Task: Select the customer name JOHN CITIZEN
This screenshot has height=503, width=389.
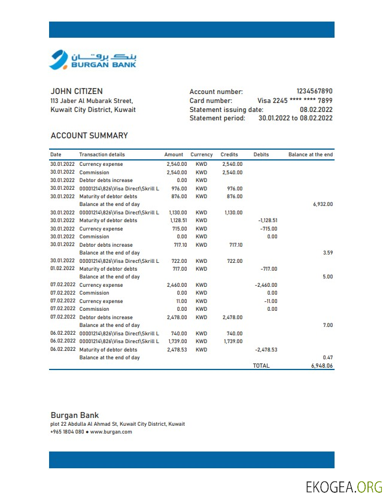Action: click(x=77, y=92)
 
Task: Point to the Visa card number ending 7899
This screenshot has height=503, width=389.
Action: click(x=294, y=101)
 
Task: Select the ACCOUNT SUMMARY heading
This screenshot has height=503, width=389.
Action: click(x=89, y=135)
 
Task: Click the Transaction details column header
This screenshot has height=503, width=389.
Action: click(x=102, y=154)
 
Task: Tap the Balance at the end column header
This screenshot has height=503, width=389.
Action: click(x=310, y=154)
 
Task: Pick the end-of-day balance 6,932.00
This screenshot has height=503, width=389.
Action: click(x=323, y=204)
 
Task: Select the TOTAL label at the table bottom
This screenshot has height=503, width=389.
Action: click(x=261, y=365)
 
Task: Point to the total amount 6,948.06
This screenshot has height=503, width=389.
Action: click(x=321, y=365)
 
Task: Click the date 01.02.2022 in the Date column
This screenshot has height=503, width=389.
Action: click(x=63, y=269)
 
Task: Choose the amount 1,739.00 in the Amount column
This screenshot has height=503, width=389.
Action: click(x=177, y=341)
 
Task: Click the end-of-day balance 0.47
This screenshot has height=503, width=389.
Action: click(x=327, y=357)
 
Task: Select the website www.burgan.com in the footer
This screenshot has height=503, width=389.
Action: click(x=111, y=432)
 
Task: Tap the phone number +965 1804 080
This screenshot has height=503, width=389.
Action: click(x=67, y=432)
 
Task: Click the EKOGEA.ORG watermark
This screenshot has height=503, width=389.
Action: click(x=344, y=486)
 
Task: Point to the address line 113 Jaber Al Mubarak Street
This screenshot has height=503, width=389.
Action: click(x=92, y=101)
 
